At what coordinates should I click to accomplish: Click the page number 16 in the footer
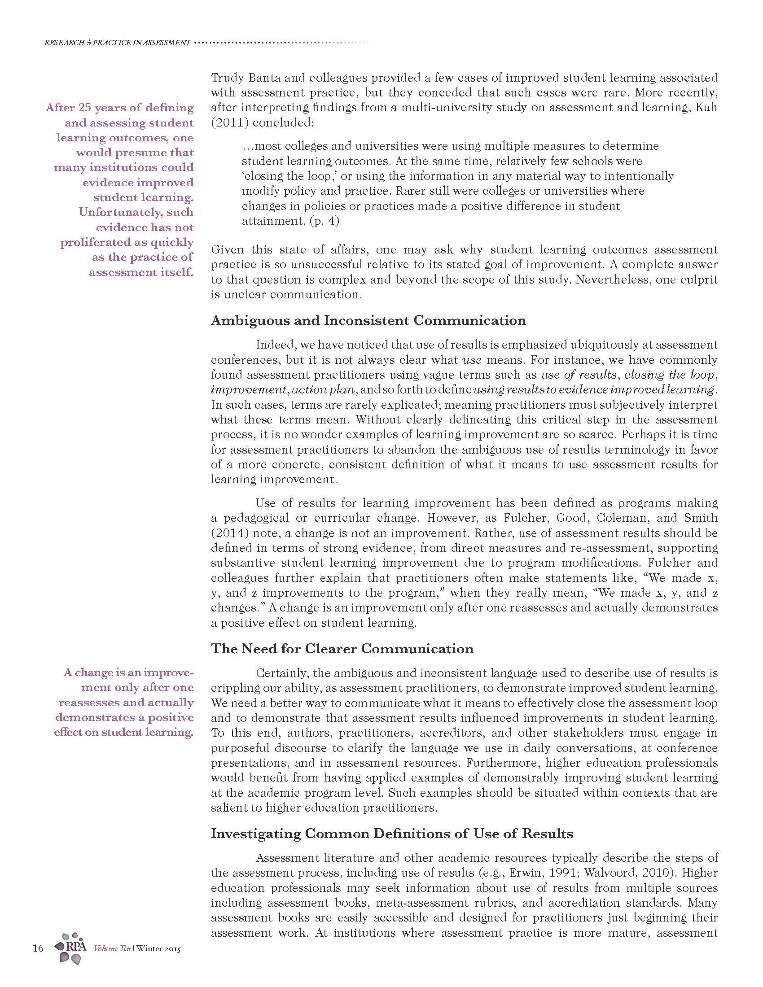(x=38, y=948)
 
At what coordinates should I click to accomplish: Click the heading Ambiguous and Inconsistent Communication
(x=368, y=320)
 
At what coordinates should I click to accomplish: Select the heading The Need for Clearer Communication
(x=342, y=649)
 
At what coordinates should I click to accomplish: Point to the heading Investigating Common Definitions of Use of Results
(x=391, y=834)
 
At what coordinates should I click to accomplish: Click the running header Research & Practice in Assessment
(x=117, y=43)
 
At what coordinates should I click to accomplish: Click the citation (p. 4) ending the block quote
(x=324, y=221)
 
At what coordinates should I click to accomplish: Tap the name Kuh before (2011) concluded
(x=708, y=108)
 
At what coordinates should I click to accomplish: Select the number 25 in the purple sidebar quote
(x=84, y=108)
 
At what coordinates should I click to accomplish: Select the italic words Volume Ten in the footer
(x=112, y=948)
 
